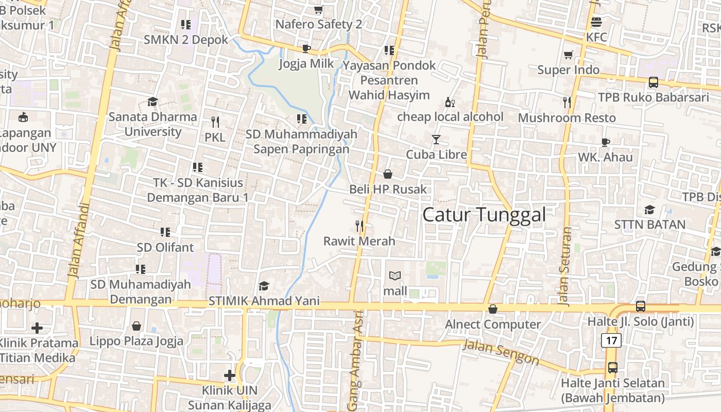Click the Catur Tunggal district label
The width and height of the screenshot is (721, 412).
tap(484, 215)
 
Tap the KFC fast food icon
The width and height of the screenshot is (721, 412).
tap(596, 22)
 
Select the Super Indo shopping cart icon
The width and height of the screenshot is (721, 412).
tap(568, 55)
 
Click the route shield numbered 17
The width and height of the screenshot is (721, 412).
tap(611, 340)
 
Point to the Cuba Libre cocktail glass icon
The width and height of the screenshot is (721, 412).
tap(436, 140)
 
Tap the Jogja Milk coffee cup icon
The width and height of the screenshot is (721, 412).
tap(306, 49)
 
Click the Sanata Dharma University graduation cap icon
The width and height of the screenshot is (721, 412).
tap(152, 101)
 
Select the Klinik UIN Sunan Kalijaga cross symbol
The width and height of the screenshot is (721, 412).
tap(230, 375)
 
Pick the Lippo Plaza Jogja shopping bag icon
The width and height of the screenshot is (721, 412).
tap(136, 326)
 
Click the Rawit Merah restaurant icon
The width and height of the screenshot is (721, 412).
tap(359, 226)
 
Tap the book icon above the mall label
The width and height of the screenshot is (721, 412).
tap(395, 276)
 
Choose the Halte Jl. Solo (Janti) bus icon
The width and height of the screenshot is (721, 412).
tap(641, 306)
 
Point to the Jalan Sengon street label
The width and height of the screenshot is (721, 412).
tap(501, 352)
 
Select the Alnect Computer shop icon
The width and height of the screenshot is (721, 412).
tap(493, 309)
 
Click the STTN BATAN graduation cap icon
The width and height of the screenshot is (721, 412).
tap(649, 210)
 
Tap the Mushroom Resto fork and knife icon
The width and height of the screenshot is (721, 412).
tap(567, 102)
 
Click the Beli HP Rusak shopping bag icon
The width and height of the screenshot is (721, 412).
tap(388, 174)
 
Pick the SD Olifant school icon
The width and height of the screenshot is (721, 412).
tap(165, 232)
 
